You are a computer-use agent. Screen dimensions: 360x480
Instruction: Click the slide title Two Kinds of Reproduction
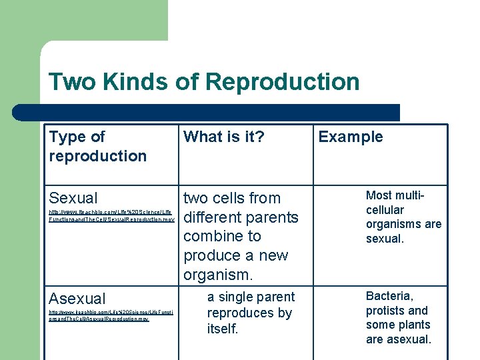(x=204, y=82)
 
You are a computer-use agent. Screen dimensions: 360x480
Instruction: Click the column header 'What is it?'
(x=223, y=137)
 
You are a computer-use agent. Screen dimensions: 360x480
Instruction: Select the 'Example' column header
(x=351, y=137)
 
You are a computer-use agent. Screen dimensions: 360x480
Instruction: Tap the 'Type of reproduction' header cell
(x=97, y=146)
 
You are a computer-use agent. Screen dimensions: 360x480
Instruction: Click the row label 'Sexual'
(x=73, y=198)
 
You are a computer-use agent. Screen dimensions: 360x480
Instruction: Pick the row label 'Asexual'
(x=77, y=299)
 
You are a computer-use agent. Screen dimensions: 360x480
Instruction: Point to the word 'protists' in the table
(x=385, y=311)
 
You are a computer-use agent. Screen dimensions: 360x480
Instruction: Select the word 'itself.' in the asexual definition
(x=223, y=329)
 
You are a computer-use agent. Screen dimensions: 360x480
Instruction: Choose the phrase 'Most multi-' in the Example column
(x=395, y=195)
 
